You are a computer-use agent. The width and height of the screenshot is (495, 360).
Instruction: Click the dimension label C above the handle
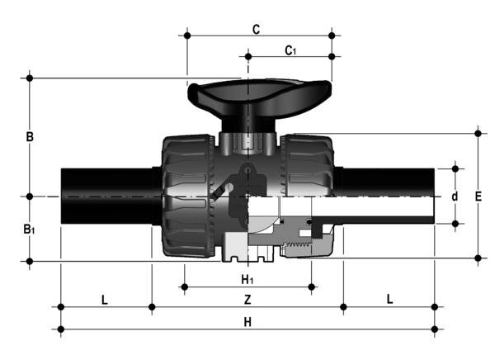click(x=256, y=30)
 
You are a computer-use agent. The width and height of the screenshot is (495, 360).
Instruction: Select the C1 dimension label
click(x=290, y=50)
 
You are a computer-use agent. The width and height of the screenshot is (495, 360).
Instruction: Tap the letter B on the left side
click(x=29, y=137)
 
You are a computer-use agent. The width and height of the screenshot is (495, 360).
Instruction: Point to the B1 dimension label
click(x=30, y=229)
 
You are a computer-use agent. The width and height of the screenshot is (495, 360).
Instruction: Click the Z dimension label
click(x=247, y=298)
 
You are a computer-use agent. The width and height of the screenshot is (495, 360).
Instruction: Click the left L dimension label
click(x=105, y=298)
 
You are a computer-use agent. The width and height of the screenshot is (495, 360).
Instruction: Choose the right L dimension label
click(x=389, y=298)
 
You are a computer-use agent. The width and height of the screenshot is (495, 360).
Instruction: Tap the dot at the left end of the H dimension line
click(x=61, y=329)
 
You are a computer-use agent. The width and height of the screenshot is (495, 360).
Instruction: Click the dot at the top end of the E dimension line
click(x=478, y=132)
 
